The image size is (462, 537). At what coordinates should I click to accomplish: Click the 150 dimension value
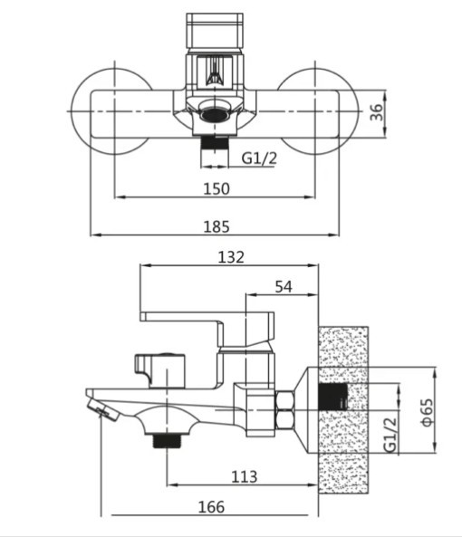tap(217, 188)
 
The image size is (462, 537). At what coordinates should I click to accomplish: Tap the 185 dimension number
tap(217, 226)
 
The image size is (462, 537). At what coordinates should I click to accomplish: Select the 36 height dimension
tap(376, 112)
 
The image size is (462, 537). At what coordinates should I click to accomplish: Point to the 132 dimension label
tap(231, 257)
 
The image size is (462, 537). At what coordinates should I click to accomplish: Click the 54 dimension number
tap(284, 287)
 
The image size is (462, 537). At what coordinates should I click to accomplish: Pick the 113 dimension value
tap(245, 476)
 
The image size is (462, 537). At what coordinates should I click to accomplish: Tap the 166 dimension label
tap(211, 507)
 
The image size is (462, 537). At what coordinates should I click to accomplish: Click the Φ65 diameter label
tap(427, 412)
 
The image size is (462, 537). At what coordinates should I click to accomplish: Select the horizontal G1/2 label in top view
tap(259, 158)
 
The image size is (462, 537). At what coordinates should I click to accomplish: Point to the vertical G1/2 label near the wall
tap(390, 435)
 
